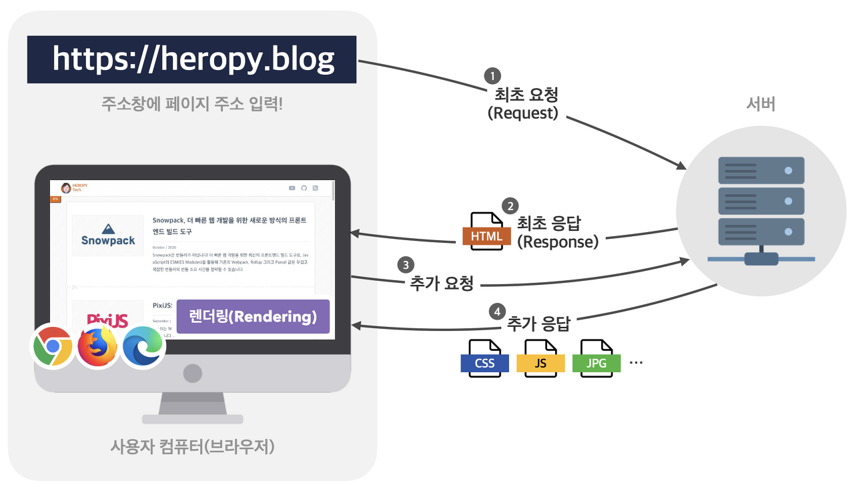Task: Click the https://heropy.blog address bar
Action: pos(192,59)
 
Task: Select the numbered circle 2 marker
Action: pos(509,206)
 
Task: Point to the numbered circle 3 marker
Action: pos(405,265)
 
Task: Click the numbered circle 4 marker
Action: pos(497,312)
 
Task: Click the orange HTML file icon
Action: pos(486,231)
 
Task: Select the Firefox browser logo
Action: pos(97,346)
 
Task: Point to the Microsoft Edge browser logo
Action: pos(142,346)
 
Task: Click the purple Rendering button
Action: pos(253,316)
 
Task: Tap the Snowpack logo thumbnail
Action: pos(108,235)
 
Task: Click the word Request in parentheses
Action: pos(522,113)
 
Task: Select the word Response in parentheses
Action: pos(558,241)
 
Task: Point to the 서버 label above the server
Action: pos(760,105)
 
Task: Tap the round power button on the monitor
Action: pos(192,372)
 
